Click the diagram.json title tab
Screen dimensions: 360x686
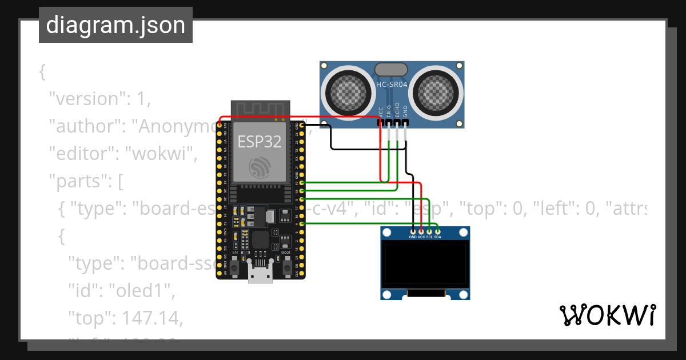115,25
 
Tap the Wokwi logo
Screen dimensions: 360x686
607,315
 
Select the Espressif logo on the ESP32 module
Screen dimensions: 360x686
260,167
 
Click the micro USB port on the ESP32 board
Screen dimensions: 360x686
260,274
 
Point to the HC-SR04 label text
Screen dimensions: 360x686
392,85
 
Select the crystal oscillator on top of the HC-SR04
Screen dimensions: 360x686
392,70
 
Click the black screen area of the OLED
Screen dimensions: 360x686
426,263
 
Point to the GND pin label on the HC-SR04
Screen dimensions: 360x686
405,111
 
